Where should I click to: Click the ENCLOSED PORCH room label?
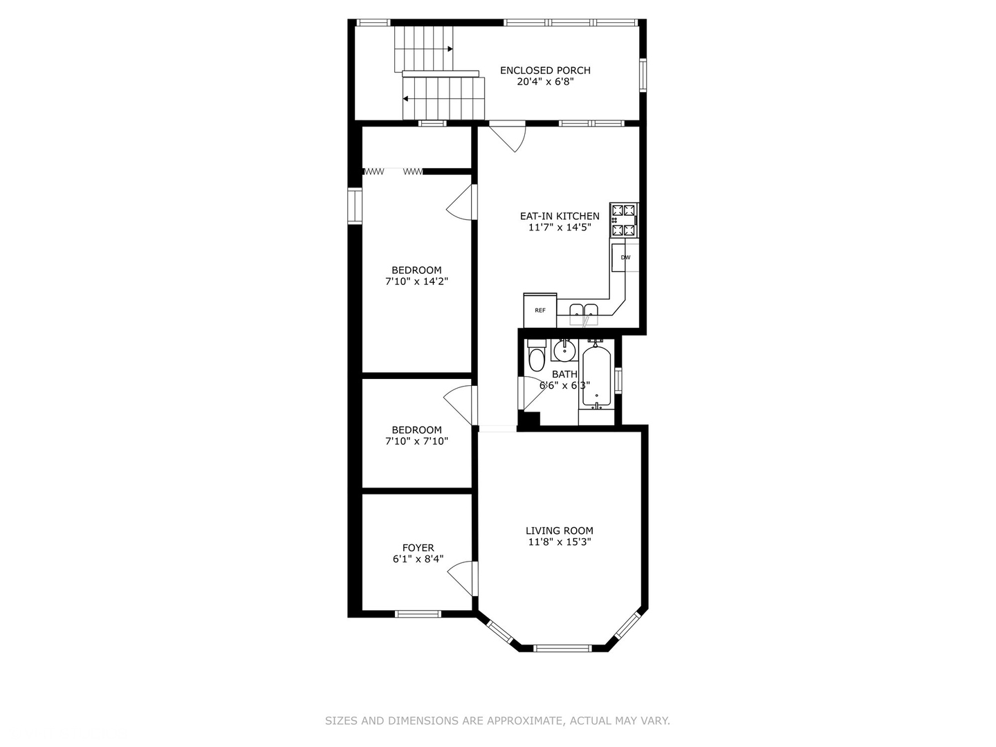click(x=545, y=71)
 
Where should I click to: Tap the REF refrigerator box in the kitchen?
click(x=540, y=311)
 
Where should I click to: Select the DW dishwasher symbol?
click(x=625, y=257)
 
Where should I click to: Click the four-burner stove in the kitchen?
click(x=624, y=220)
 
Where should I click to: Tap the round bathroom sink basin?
click(x=564, y=349)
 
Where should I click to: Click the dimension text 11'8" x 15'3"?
click(x=560, y=542)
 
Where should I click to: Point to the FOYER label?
click(x=418, y=548)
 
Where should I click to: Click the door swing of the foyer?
click(x=461, y=578)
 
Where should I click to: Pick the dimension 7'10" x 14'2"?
click(x=416, y=282)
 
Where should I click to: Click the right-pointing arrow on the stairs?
click(x=450, y=49)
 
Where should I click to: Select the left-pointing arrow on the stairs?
click(x=405, y=99)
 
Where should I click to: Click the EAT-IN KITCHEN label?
click(x=560, y=216)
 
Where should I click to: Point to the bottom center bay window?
click(x=562, y=648)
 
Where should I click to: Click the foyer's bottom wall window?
click(x=418, y=614)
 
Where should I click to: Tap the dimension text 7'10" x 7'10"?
click(x=416, y=441)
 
